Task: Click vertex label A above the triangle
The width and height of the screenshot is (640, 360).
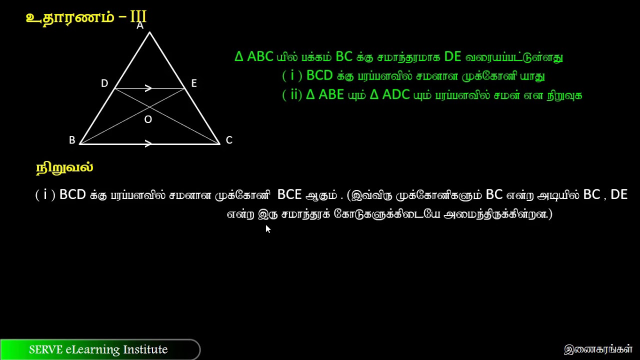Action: click(140, 25)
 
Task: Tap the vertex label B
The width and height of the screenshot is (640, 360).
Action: click(72, 140)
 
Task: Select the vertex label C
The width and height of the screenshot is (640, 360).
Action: click(229, 140)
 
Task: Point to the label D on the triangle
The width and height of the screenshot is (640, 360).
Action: click(104, 83)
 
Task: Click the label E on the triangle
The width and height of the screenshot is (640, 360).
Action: click(194, 83)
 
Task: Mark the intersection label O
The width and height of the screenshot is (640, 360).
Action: click(148, 119)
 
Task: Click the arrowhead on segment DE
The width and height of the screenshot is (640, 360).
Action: click(148, 88)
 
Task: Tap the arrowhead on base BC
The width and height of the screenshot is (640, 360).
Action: click(148, 144)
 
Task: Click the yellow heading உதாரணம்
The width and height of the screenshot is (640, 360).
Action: click(70, 17)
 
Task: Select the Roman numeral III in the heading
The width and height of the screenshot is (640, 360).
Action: click(138, 17)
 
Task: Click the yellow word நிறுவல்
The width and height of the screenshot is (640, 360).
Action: click(64, 168)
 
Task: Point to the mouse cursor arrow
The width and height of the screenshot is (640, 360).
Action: click(268, 228)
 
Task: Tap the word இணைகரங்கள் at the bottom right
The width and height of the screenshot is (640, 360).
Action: click(598, 349)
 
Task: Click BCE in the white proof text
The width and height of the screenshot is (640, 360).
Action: click(289, 194)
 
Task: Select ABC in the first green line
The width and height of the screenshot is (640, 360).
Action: click(260, 56)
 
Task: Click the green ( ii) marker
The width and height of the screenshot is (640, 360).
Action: click(292, 94)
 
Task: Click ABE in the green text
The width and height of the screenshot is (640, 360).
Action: click(331, 94)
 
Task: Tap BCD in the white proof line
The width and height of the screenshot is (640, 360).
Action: click(72, 194)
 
